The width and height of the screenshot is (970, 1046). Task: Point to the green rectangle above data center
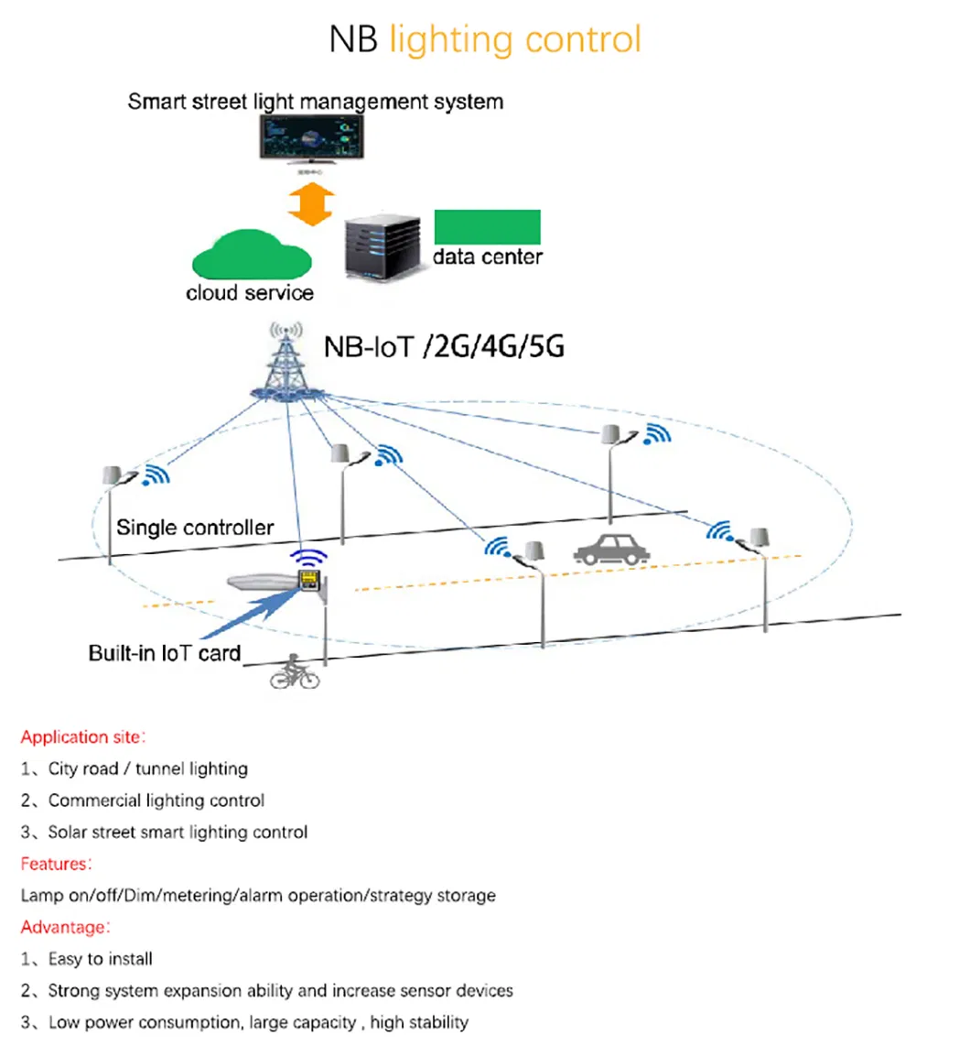(x=487, y=226)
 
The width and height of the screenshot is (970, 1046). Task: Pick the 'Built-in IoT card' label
(x=165, y=653)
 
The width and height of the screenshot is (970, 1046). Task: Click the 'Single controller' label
(x=195, y=528)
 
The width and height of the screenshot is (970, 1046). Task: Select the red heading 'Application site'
(x=81, y=736)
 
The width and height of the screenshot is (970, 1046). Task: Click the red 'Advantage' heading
(x=64, y=927)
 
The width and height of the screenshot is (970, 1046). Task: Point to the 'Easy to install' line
(x=100, y=959)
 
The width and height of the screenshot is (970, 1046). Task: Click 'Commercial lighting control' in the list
(x=156, y=801)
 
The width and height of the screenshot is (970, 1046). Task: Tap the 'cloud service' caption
(x=250, y=293)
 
